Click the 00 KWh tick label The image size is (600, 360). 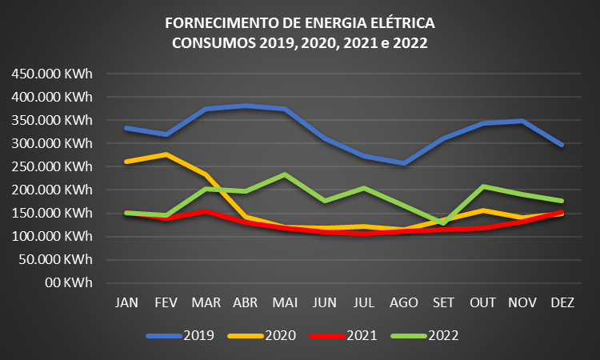pyautogui.click(x=70, y=282)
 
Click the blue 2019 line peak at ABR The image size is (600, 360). pyautogui.click(x=246, y=106)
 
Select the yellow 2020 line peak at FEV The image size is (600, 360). pyautogui.click(x=166, y=154)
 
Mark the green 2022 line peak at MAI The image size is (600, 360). pyautogui.click(x=286, y=174)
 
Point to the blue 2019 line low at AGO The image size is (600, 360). pyautogui.click(x=404, y=163)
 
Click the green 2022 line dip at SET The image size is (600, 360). pyautogui.click(x=443, y=222)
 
